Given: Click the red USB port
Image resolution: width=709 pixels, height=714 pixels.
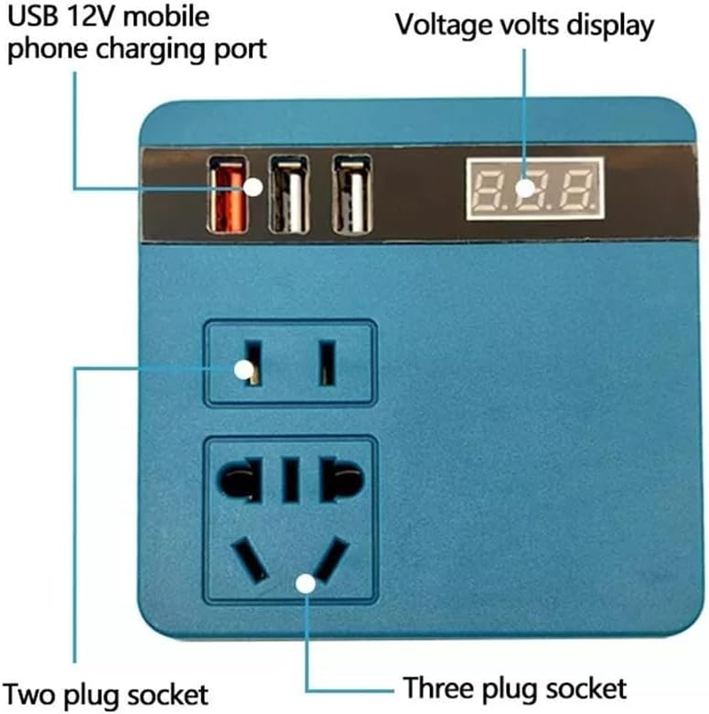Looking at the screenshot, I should (x=226, y=196).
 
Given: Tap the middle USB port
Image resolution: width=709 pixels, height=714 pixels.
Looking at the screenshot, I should (x=289, y=195).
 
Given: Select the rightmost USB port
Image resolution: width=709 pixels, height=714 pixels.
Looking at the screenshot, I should (x=352, y=195).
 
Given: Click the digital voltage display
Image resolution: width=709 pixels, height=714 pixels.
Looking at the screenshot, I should (x=534, y=188).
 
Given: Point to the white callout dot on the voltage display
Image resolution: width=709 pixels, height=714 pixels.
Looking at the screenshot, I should (x=525, y=187).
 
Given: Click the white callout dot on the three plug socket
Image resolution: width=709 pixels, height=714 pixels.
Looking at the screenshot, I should (x=306, y=583).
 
